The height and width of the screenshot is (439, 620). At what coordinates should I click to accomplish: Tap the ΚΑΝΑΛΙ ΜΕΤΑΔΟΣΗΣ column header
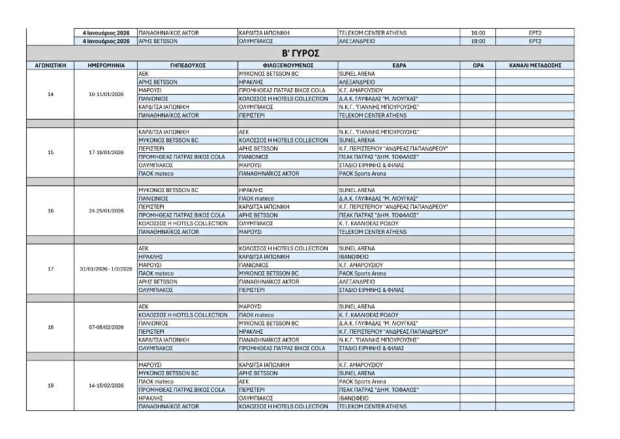(x=535, y=65)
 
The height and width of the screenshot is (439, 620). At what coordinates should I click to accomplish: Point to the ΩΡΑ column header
(x=477, y=65)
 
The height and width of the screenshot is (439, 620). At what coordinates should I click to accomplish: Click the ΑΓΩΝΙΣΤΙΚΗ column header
(x=50, y=65)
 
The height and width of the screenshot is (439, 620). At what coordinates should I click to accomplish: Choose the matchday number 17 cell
(x=50, y=269)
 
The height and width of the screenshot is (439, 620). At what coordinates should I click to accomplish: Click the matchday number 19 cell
(x=50, y=385)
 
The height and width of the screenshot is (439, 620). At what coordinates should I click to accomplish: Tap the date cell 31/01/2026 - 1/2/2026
(x=106, y=269)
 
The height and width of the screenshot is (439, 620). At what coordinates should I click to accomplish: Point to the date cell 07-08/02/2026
(x=106, y=327)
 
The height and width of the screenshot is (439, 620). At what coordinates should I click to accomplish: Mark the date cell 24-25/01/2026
(x=106, y=211)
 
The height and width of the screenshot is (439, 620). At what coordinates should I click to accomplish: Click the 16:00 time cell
(x=477, y=33)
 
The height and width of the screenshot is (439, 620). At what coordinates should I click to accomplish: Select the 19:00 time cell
(x=477, y=41)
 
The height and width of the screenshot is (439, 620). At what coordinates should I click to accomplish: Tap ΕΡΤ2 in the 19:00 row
(x=535, y=41)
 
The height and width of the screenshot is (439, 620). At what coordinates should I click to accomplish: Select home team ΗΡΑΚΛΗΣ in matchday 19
(x=150, y=398)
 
